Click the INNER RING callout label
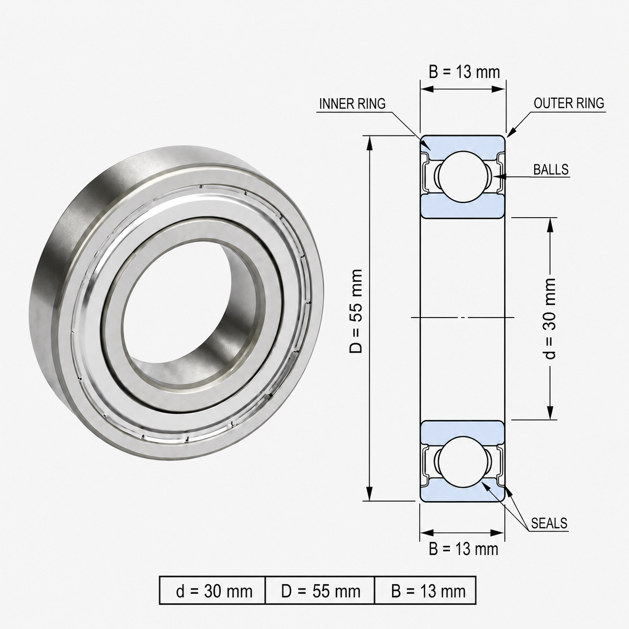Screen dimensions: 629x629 tap(352, 104)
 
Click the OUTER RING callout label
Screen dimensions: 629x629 tap(569, 103)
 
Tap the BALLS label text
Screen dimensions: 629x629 tap(551, 170)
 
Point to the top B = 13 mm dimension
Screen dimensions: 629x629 tap(464, 72)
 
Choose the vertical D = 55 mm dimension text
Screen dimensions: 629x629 tap(356, 311)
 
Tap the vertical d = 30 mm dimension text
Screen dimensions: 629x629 tap(550, 319)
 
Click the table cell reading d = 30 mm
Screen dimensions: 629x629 tap(213, 591)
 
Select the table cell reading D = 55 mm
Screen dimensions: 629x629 tap(320, 591)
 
